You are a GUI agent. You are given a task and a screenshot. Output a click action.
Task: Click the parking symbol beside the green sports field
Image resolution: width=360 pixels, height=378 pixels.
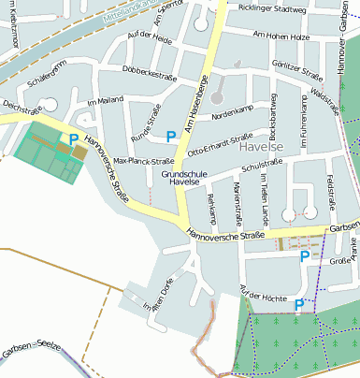click(73, 139)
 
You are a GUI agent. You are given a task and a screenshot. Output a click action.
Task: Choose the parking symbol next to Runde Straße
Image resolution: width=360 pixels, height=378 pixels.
click(170, 137)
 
